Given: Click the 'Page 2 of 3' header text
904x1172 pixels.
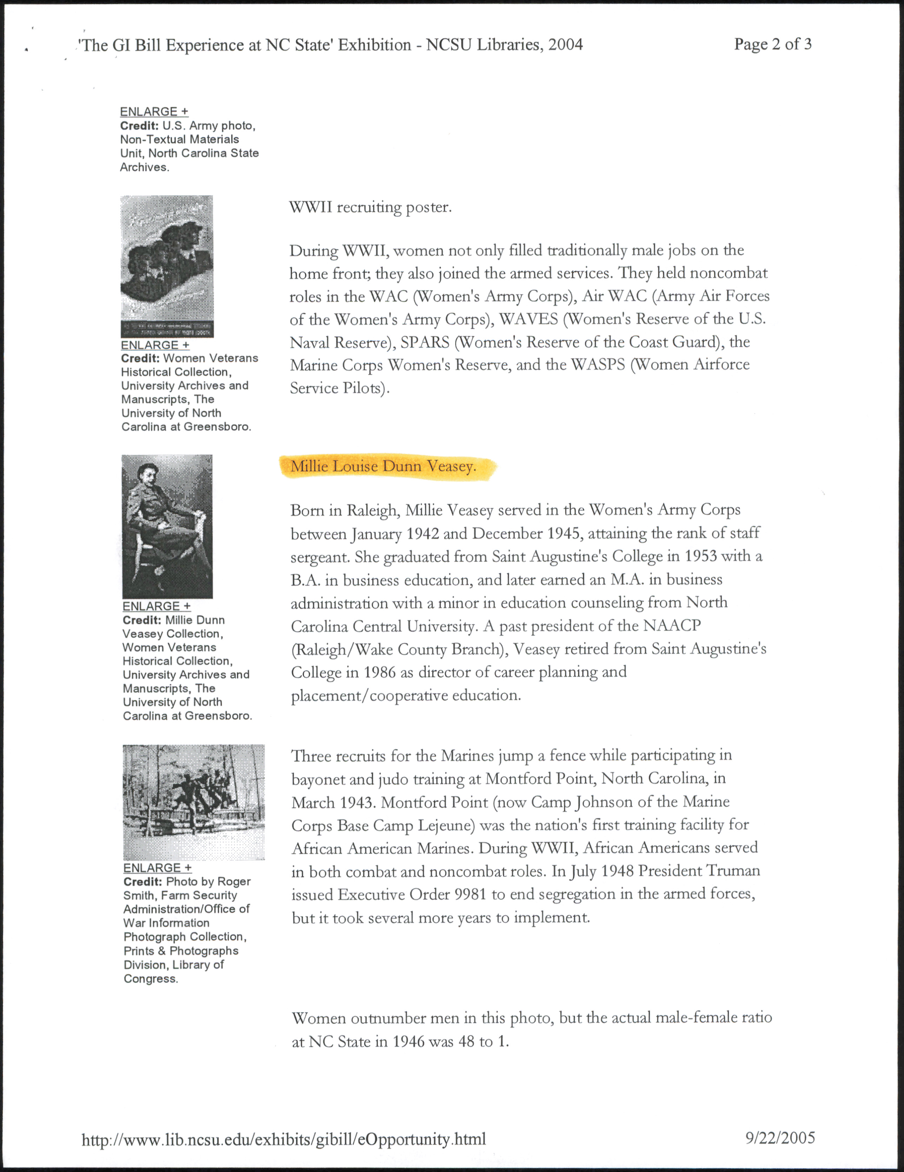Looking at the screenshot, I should [x=773, y=44].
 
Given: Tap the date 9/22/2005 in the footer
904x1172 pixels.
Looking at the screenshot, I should [x=780, y=1137].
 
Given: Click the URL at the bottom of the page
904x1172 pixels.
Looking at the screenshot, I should [x=284, y=1138].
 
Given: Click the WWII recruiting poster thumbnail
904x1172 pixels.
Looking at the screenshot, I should [x=167, y=266].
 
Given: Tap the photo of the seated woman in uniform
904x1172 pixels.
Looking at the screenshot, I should [x=167, y=526].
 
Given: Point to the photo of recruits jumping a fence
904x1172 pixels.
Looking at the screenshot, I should [x=193, y=802].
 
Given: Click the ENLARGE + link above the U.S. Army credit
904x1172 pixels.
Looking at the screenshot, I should [x=154, y=112].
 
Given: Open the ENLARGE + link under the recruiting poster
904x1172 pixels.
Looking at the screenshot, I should [x=155, y=345].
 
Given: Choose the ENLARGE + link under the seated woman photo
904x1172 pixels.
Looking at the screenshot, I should [x=156, y=606].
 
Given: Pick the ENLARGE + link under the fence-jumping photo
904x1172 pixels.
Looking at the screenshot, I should [x=157, y=868].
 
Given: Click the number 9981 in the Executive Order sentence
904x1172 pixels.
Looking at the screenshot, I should [x=471, y=894].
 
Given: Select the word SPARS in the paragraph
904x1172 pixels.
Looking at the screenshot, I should [x=425, y=343].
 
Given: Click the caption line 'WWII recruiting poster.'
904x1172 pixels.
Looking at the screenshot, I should [x=370, y=207].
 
